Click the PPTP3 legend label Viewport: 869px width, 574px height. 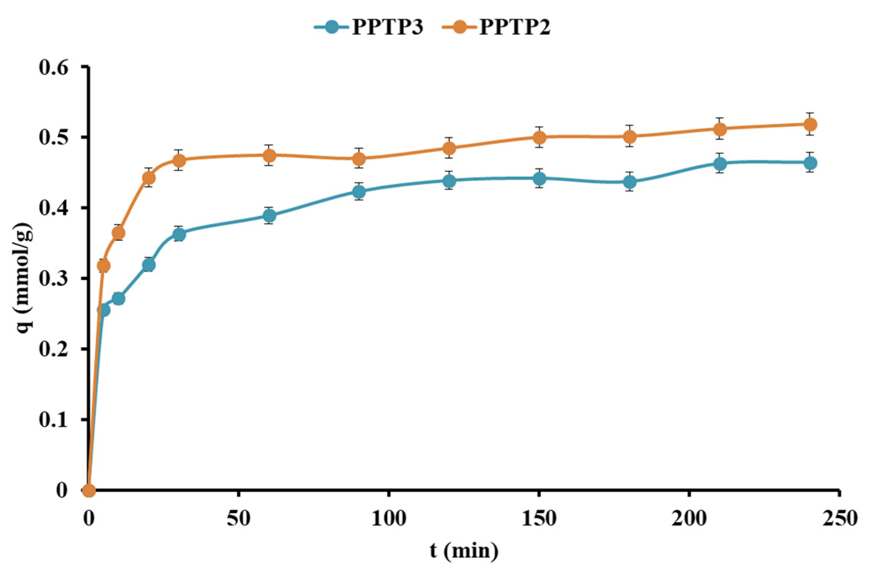click(387, 27)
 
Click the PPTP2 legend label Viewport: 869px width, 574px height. click(515, 27)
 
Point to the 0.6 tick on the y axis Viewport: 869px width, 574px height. click(54, 67)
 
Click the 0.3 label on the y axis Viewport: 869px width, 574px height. click(54, 279)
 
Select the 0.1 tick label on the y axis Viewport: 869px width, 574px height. click(54, 420)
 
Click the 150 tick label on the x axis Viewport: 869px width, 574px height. click(539, 519)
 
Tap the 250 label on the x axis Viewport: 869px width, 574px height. click(839, 519)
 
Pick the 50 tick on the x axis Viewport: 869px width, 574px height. click(238, 519)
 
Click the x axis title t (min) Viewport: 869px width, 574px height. click(464, 551)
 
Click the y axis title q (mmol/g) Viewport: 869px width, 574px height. click(23, 278)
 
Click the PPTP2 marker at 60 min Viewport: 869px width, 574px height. click(269, 155)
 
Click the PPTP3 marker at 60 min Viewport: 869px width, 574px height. click(269, 216)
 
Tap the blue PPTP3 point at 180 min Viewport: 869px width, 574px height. click(630, 182)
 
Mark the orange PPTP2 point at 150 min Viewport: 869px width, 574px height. click(539, 137)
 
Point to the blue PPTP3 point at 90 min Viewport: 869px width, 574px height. click(359, 192)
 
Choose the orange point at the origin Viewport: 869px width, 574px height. click(89, 491)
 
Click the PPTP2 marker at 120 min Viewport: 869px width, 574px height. click(449, 148)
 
